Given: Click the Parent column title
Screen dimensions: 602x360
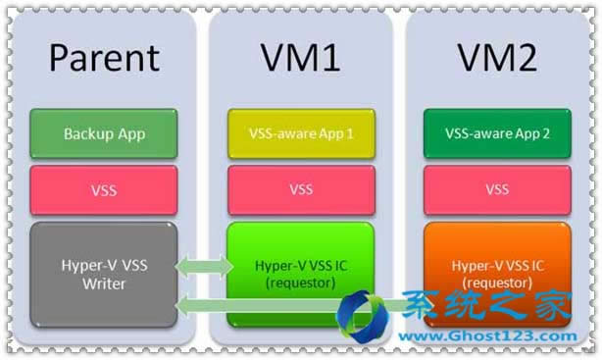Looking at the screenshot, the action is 104,58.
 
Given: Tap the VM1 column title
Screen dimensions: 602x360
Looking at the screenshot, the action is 300,58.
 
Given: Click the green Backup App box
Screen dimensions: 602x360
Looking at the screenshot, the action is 104,133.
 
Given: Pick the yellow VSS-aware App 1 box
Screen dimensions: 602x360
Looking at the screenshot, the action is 300,133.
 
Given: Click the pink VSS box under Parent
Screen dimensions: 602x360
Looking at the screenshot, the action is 104,190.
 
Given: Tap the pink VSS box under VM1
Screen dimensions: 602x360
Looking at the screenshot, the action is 300,190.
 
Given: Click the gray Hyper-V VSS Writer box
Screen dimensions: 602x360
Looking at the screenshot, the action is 104,275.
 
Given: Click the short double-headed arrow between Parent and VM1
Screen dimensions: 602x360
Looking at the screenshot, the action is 204,266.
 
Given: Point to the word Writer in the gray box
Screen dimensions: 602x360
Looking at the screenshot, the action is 104,283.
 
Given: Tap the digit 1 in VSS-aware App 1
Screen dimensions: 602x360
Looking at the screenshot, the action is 350,133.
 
